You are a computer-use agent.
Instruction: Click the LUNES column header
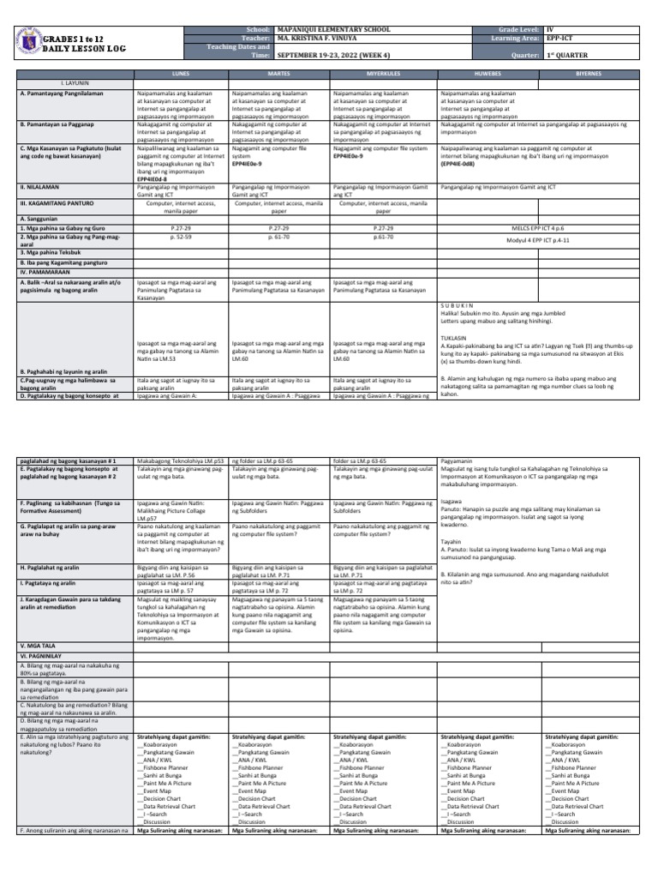pyautogui.click(x=181, y=75)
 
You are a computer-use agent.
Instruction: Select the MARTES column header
pyautogui.click(x=279, y=75)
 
